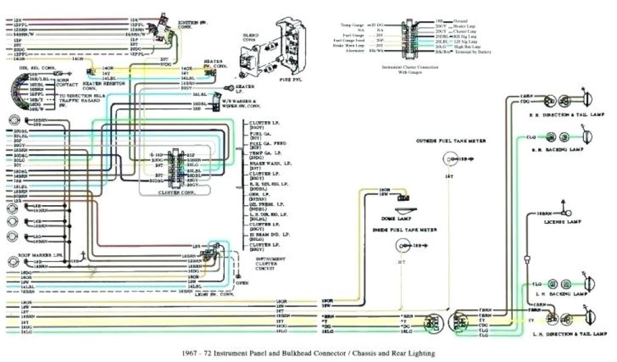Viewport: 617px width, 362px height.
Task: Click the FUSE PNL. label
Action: click(x=290, y=80)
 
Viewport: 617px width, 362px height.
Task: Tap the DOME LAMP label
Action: click(x=392, y=218)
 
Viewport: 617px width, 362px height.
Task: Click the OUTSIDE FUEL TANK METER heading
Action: click(x=450, y=141)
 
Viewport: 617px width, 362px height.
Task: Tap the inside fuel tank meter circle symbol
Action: click(x=401, y=246)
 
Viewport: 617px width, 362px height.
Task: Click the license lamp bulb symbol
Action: click(x=567, y=212)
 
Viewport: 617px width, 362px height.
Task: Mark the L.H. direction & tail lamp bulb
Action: click(x=587, y=315)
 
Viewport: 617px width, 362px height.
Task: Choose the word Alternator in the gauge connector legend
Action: click(x=354, y=52)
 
